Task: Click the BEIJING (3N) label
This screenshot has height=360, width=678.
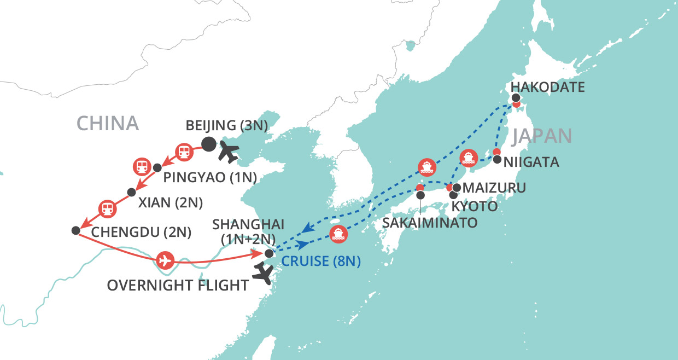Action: tap(227, 125)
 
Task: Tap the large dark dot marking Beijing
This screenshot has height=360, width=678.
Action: tap(208, 144)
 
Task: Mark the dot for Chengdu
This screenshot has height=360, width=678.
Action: tap(75, 230)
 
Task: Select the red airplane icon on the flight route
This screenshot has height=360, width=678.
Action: tap(165, 260)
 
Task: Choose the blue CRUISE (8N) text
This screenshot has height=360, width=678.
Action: tap(321, 262)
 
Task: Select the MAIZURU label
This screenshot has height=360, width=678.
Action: tap(494, 188)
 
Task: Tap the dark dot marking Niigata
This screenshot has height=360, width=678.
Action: tap(497, 160)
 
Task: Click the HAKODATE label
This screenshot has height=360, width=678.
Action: tap(547, 86)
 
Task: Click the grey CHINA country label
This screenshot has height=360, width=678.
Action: tap(108, 123)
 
